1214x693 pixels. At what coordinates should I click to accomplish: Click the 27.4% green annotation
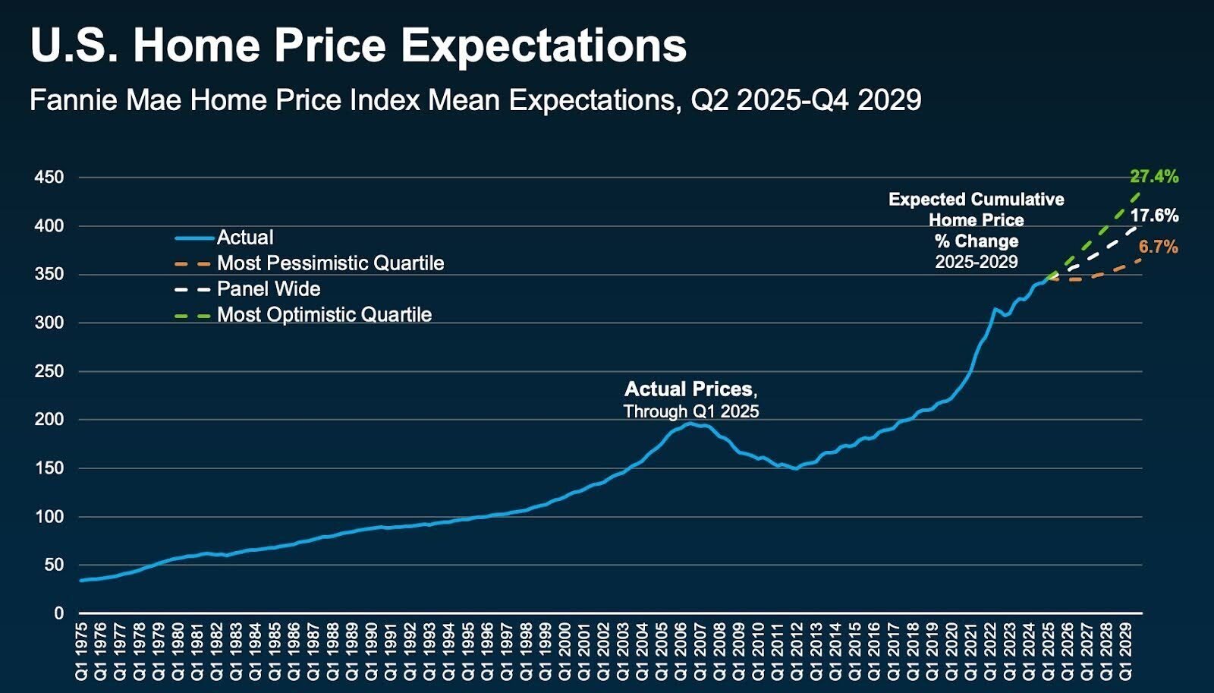coord(1154,177)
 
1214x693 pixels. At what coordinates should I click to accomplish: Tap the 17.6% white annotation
coord(1154,216)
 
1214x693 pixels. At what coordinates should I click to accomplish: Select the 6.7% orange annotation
coord(1158,247)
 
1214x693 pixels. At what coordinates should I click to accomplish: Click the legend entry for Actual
coord(244,238)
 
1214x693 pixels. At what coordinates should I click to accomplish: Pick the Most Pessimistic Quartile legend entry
coord(330,263)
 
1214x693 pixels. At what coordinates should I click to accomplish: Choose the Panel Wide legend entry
coord(269,289)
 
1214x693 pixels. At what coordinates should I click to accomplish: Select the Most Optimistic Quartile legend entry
coord(324,315)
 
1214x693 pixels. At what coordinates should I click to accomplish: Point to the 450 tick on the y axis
coord(49,178)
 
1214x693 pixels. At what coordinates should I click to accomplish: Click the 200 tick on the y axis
coord(49,420)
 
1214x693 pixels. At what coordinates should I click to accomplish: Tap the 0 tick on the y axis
coord(58,613)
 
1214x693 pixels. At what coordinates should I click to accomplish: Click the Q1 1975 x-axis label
coord(81,652)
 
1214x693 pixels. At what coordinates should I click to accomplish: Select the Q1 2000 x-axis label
coord(565,652)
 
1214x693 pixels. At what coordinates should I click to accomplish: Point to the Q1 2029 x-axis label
coord(1126,652)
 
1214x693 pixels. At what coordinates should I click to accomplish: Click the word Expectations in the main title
coord(543,46)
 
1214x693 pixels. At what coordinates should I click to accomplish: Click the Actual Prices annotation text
coord(690,389)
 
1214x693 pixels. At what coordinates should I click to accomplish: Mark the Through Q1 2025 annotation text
coord(690,411)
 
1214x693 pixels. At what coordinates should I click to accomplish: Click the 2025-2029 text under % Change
coord(976,262)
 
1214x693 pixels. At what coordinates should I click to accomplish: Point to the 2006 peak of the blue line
coord(690,423)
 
